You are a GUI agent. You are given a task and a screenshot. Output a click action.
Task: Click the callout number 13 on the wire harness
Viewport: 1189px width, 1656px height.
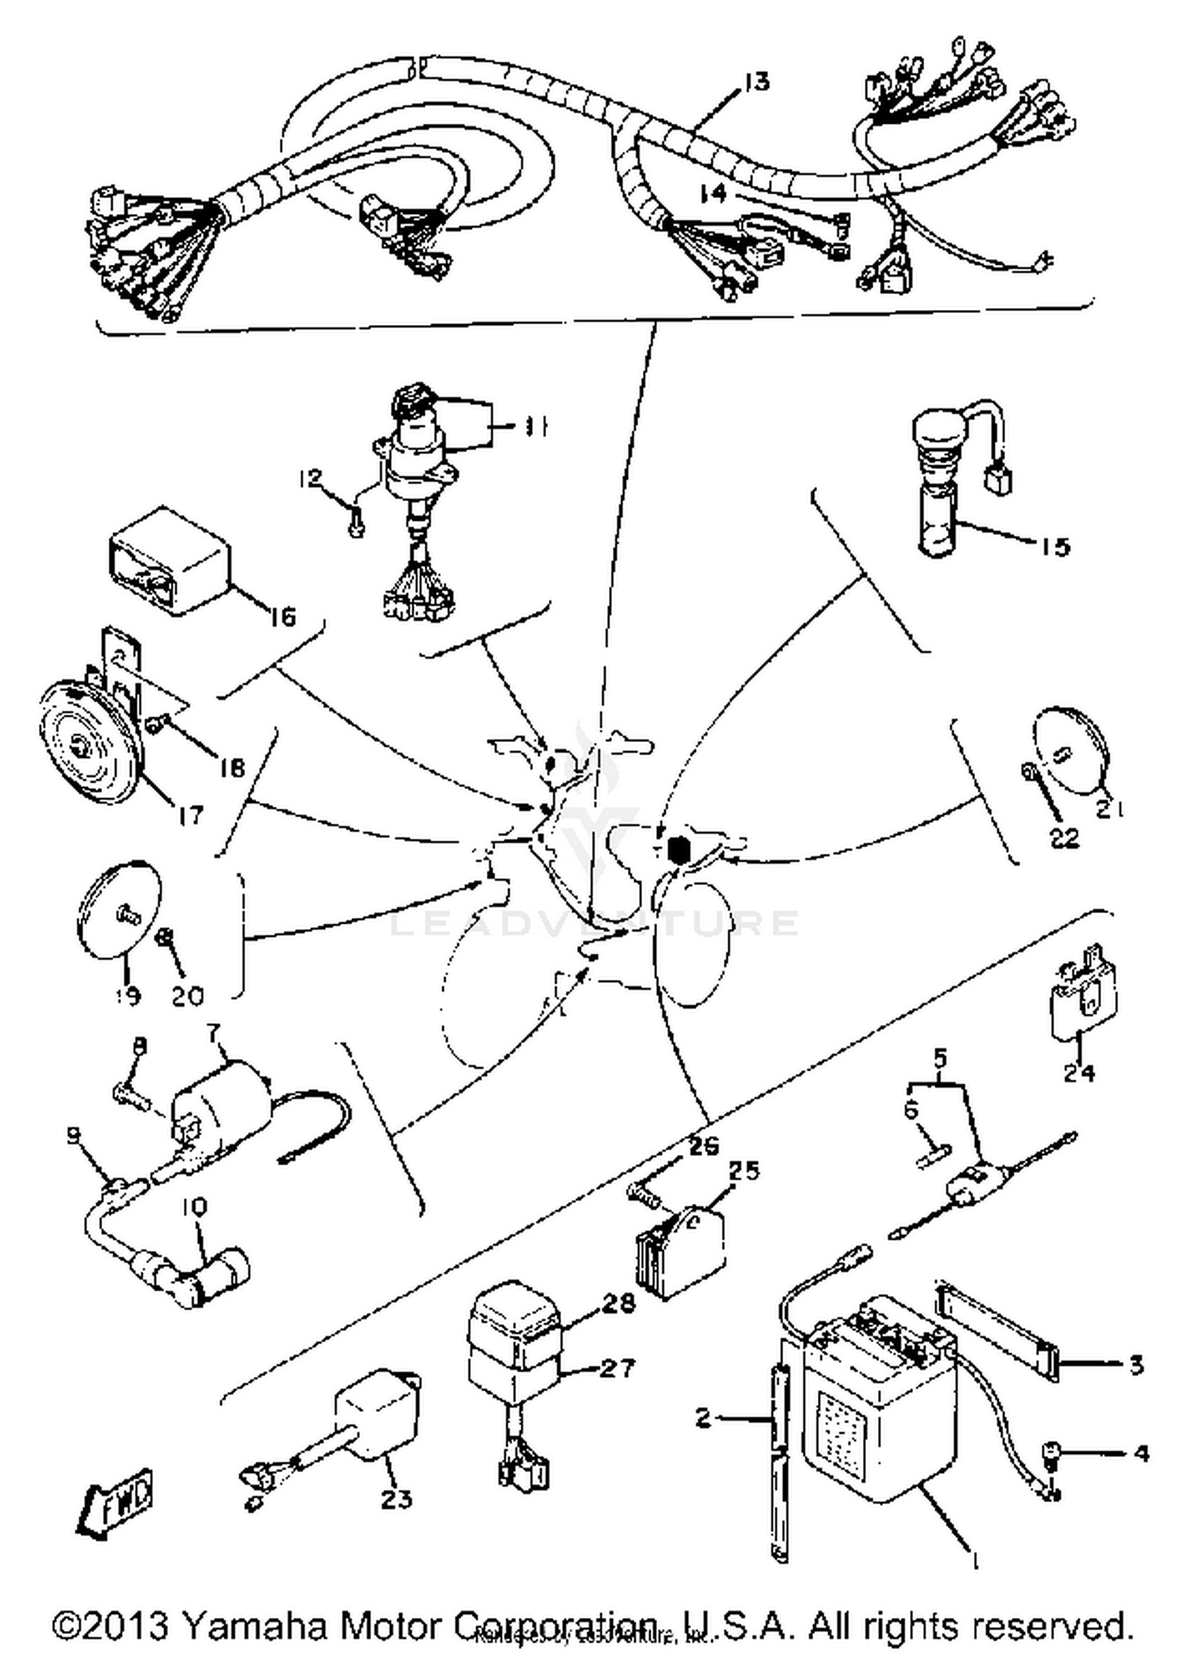pyautogui.click(x=757, y=82)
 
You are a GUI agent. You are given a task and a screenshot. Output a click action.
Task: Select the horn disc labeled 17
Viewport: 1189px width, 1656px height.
pyautogui.click(x=87, y=745)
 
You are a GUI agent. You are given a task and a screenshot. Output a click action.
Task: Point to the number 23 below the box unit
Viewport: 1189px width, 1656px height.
pyautogui.click(x=396, y=1498)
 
